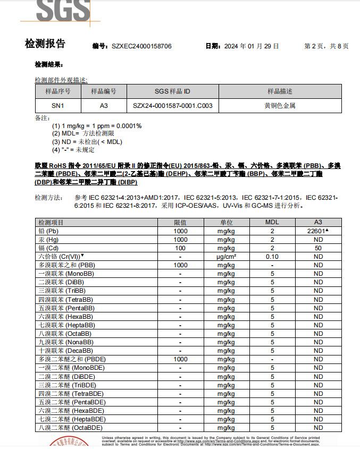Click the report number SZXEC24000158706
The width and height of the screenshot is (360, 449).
pyautogui.click(x=141, y=46)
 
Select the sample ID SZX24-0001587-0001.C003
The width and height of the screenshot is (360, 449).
pyautogui.click(x=172, y=106)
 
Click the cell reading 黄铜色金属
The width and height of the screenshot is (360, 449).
pyautogui.click(x=280, y=106)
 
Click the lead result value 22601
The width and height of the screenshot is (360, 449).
pyautogui.click(x=317, y=231)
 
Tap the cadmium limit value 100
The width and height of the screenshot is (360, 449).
pyautogui.click(x=180, y=248)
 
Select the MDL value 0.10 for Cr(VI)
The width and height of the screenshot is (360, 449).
pyautogui.click(x=272, y=257)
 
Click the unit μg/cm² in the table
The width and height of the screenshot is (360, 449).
pyautogui.click(x=227, y=257)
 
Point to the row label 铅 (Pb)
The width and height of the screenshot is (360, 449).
pyautogui.click(x=48, y=231)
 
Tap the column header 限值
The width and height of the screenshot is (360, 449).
pyautogui.click(x=180, y=222)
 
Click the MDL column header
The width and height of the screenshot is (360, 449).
pyautogui.click(x=272, y=222)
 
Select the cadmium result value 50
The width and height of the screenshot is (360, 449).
pyautogui.click(x=318, y=248)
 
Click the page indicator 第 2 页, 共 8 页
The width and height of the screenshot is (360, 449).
pyautogui.click(x=326, y=46)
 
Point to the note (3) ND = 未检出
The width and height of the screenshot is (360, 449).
pyautogui.click(x=87, y=142)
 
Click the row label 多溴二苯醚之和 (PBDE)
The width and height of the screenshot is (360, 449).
pyautogui.click(x=72, y=359)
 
